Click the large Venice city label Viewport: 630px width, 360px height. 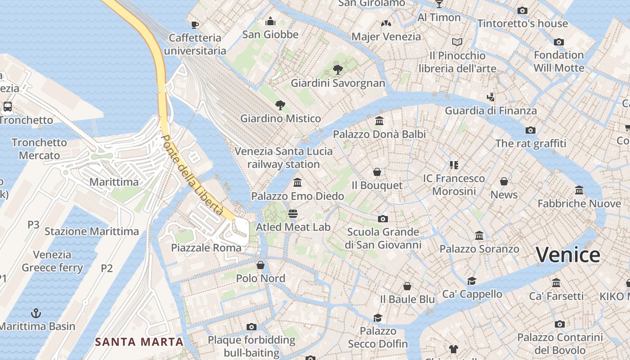click(x=568, y=255)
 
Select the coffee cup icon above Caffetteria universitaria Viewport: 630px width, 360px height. click(x=195, y=25)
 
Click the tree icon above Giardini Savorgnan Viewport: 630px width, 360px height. click(x=337, y=70)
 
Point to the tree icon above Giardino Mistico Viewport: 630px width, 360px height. click(x=280, y=105)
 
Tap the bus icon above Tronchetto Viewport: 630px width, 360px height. click(x=8, y=107)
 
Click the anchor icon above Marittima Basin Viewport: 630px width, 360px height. click(x=36, y=313)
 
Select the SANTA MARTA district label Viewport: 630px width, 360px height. click(x=139, y=342)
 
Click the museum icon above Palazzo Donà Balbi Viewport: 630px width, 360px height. click(x=379, y=121)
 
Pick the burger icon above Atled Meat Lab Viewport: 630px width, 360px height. click(x=293, y=214)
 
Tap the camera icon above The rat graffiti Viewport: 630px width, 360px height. click(x=531, y=130)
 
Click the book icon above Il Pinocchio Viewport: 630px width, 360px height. click(x=457, y=42)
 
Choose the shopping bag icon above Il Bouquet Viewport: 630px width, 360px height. click(x=377, y=172)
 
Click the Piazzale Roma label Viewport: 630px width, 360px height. click(x=206, y=247)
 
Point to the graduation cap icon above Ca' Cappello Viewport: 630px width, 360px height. click(x=472, y=281)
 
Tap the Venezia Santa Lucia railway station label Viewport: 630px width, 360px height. click(x=283, y=157)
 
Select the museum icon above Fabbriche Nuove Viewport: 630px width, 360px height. click(x=579, y=190)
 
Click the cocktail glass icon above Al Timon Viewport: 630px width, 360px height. click(x=439, y=4)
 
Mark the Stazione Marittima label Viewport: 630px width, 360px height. click(x=91, y=231)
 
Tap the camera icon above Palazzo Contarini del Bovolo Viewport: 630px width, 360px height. click(x=560, y=324)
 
